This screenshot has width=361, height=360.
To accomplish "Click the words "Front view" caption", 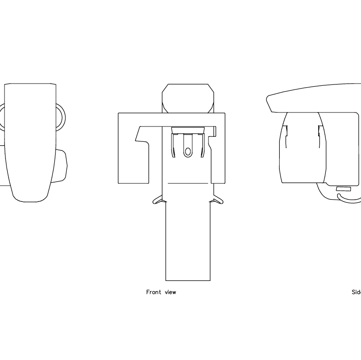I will point(161,292).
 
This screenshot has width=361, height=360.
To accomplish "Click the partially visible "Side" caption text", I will point(356,292).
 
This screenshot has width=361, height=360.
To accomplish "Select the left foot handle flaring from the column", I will point(158,199).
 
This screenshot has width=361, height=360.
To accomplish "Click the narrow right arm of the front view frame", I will point(218,154).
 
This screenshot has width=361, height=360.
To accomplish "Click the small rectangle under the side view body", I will point(343,188).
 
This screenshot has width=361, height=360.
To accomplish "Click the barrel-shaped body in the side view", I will point(302,149).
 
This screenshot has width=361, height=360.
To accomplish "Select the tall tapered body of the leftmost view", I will point(29,140).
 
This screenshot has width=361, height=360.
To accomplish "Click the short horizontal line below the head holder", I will point(188,183).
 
